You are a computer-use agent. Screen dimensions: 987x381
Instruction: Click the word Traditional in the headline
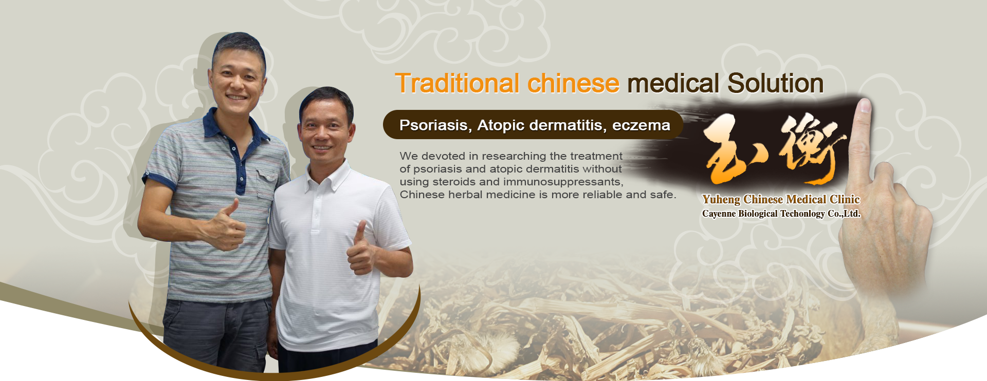(458, 83)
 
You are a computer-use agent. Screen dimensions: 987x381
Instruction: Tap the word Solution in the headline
(775, 83)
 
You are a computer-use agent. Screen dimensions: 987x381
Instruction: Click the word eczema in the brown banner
(641, 125)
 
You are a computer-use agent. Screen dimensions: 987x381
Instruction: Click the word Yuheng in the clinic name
(721, 200)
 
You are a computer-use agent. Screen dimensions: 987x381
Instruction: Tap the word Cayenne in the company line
(719, 214)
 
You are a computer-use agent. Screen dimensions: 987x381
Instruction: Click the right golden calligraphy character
(812, 148)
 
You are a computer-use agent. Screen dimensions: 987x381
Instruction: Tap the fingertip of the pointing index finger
(865, 105)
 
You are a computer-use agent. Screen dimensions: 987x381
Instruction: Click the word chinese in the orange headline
(573, 83)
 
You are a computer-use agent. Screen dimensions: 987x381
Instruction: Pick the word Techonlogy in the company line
(802, 214)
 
